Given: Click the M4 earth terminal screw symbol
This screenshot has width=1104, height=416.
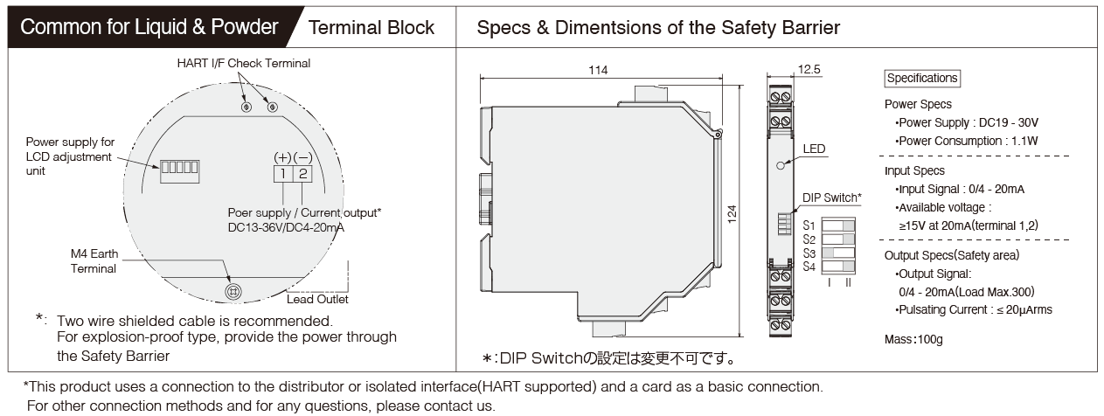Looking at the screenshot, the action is click(233, 292).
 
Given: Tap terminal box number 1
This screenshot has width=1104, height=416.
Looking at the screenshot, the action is click(283, 174).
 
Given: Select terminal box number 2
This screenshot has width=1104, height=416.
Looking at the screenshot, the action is click(302, 174).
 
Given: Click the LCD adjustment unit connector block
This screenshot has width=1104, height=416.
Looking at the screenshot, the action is click(179, 171).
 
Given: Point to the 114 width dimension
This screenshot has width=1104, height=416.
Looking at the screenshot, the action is click(598, 70).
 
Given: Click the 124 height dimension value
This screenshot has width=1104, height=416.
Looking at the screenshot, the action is click(733, 214).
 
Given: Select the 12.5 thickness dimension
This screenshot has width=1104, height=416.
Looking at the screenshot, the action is click(809, 70).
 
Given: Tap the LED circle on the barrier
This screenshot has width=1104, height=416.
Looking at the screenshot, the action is click(781, 165).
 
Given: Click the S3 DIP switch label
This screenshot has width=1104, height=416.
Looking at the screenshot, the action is click(809, 253).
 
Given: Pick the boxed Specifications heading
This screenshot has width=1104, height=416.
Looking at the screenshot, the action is click(922, 79).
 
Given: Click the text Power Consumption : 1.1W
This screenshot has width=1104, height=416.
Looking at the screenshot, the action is click(967, 141).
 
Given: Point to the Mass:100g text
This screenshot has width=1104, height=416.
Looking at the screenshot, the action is click(913, 340).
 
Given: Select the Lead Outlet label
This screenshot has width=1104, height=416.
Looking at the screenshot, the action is click(317, 299).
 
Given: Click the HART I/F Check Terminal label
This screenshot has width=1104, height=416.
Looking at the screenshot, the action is click(244, 63).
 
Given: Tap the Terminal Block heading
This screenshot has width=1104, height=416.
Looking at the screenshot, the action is click(371, 28).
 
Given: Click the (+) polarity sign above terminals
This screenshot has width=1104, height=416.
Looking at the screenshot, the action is click(283, 157).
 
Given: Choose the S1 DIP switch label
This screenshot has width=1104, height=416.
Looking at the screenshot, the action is click(809, 225).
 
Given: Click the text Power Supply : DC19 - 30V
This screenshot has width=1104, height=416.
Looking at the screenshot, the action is click(967, 122).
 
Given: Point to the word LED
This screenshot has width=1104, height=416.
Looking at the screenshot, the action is click(814, 149).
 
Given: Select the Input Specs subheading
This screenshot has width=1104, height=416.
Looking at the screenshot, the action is click(914, 171).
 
